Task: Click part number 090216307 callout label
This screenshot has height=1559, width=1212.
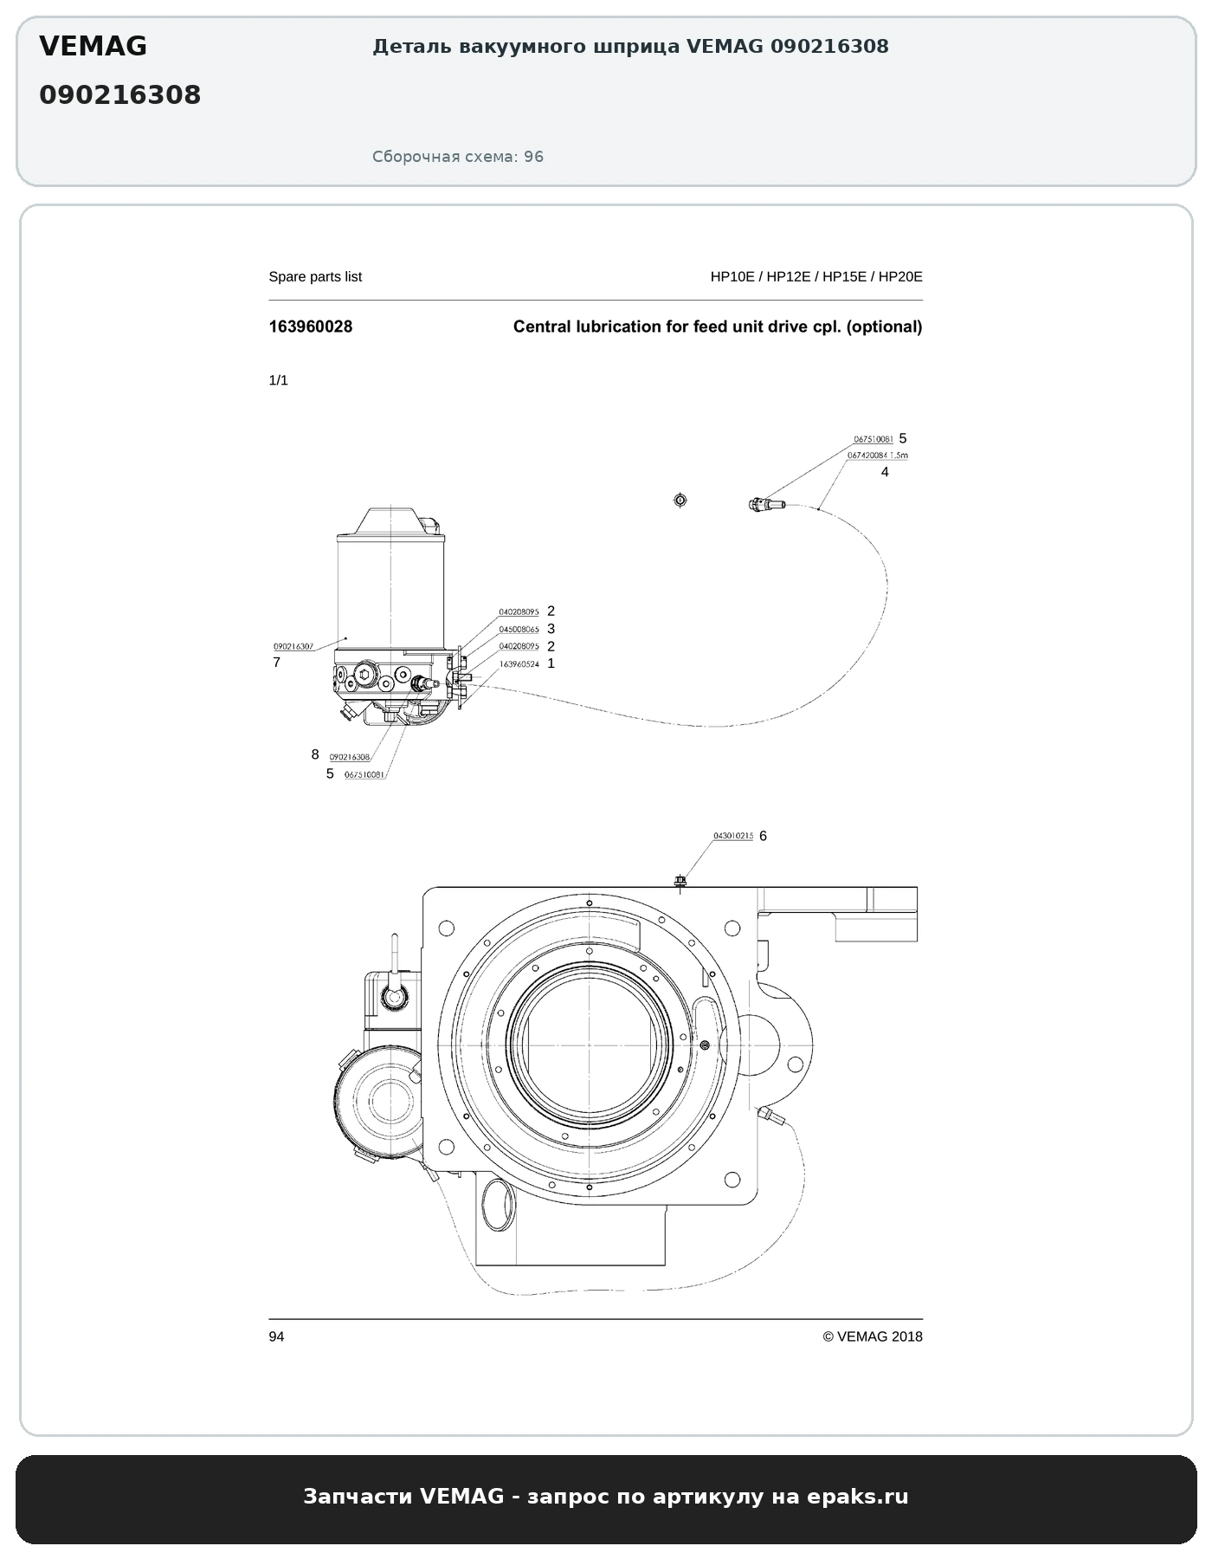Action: coord(293,647)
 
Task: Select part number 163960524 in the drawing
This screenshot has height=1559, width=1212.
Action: coord(519,664)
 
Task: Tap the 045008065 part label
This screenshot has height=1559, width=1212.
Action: coord(519,630)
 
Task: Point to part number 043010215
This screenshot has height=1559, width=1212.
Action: coord(733,836)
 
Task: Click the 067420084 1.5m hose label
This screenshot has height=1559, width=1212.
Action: coord(878,455)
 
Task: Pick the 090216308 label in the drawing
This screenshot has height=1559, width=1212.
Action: coord(350,757)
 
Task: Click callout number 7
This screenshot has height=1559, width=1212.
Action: coord(277,663)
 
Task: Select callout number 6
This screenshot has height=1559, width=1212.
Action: coord(763,836)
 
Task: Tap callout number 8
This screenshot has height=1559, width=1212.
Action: coord(315,754)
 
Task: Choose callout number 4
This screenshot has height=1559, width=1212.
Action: coord(885,472)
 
